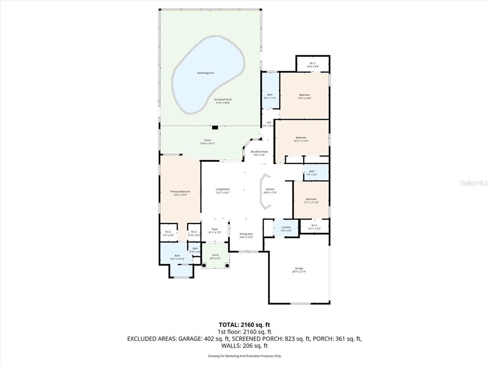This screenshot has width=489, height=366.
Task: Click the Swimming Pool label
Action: point(205,73)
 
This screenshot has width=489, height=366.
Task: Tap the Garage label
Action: point(299,270)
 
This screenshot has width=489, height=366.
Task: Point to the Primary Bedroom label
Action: point(180,192)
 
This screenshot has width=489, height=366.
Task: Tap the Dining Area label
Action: point(246,234)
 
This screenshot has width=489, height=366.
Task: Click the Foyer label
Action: point(214,229)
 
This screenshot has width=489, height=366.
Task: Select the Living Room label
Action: point(223,189)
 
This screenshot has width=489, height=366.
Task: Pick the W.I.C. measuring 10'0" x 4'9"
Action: point(312,64)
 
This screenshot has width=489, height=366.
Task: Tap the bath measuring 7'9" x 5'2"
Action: point(312,173)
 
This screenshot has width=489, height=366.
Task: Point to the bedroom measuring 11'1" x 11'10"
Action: point(311,200)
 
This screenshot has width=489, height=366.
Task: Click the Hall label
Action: point(269,122)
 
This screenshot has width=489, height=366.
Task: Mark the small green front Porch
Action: point(215,255)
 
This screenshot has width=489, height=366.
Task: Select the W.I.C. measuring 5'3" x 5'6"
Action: point(168,233)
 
